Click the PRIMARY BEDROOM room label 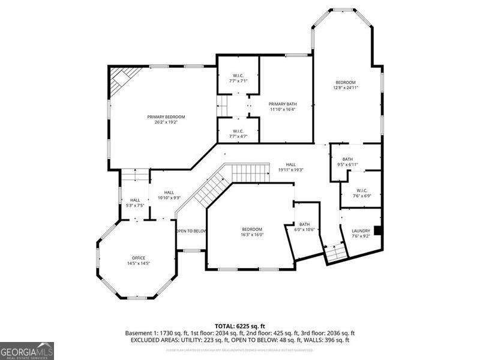pyautogui.click(x=166, y=116)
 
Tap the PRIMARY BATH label pyautogui.click(x=282, y=104)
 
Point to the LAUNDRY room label pyautogui.click(x=361, y=230)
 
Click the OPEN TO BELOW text pyautogui.click(x=191, y=231)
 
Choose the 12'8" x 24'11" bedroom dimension pyautogui.click(x=346, y=88)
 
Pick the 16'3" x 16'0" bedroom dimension pyautogui.click(x=252, y=235)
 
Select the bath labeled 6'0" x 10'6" pyautogui.click(x=305, y=227)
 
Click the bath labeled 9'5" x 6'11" pyautogui.click(x=347, y=161)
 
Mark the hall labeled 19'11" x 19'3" pyautogui.click(x=290, y=167)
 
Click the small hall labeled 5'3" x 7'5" pyautogui.click(x=135, y=203)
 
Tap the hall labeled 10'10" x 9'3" pyautogui.click(x=169, y=195)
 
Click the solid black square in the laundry pyautogui.click(x=377, y=230)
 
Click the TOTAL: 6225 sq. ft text pyautogui.click(x=239, y=326)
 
